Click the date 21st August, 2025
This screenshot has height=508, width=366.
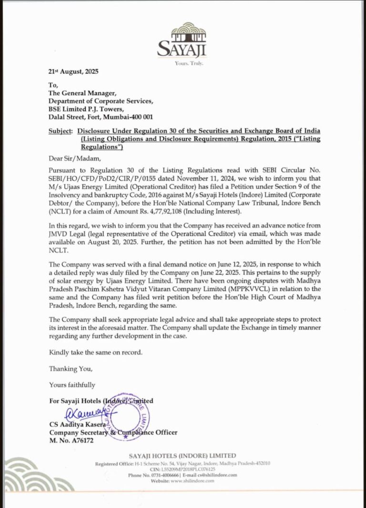[x=73, y=72]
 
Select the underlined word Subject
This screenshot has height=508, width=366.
[x=61, y=131]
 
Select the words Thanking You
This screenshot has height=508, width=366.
[x=71, y=369]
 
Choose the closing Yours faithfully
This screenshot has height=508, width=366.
[x=72, y=385]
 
